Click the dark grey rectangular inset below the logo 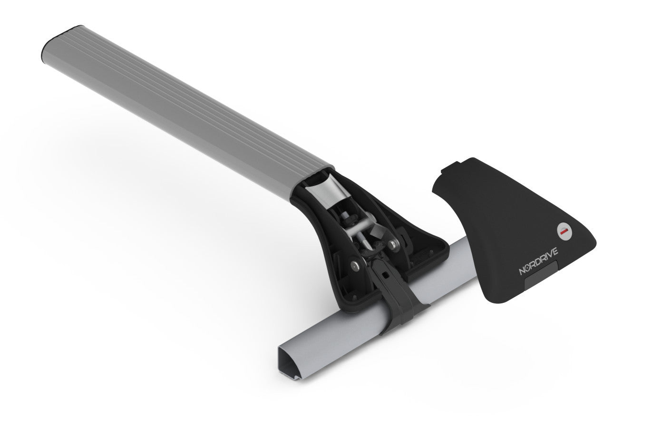[542, 278]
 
